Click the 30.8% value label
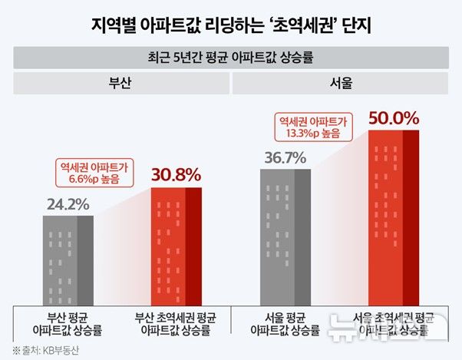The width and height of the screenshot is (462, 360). click(x=177, y=174)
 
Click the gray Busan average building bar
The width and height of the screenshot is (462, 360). click(x=68, y=260)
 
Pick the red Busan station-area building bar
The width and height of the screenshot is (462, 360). click(x=177, y=246)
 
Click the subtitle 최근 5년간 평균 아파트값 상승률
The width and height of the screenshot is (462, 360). click(x=231, y=57)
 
